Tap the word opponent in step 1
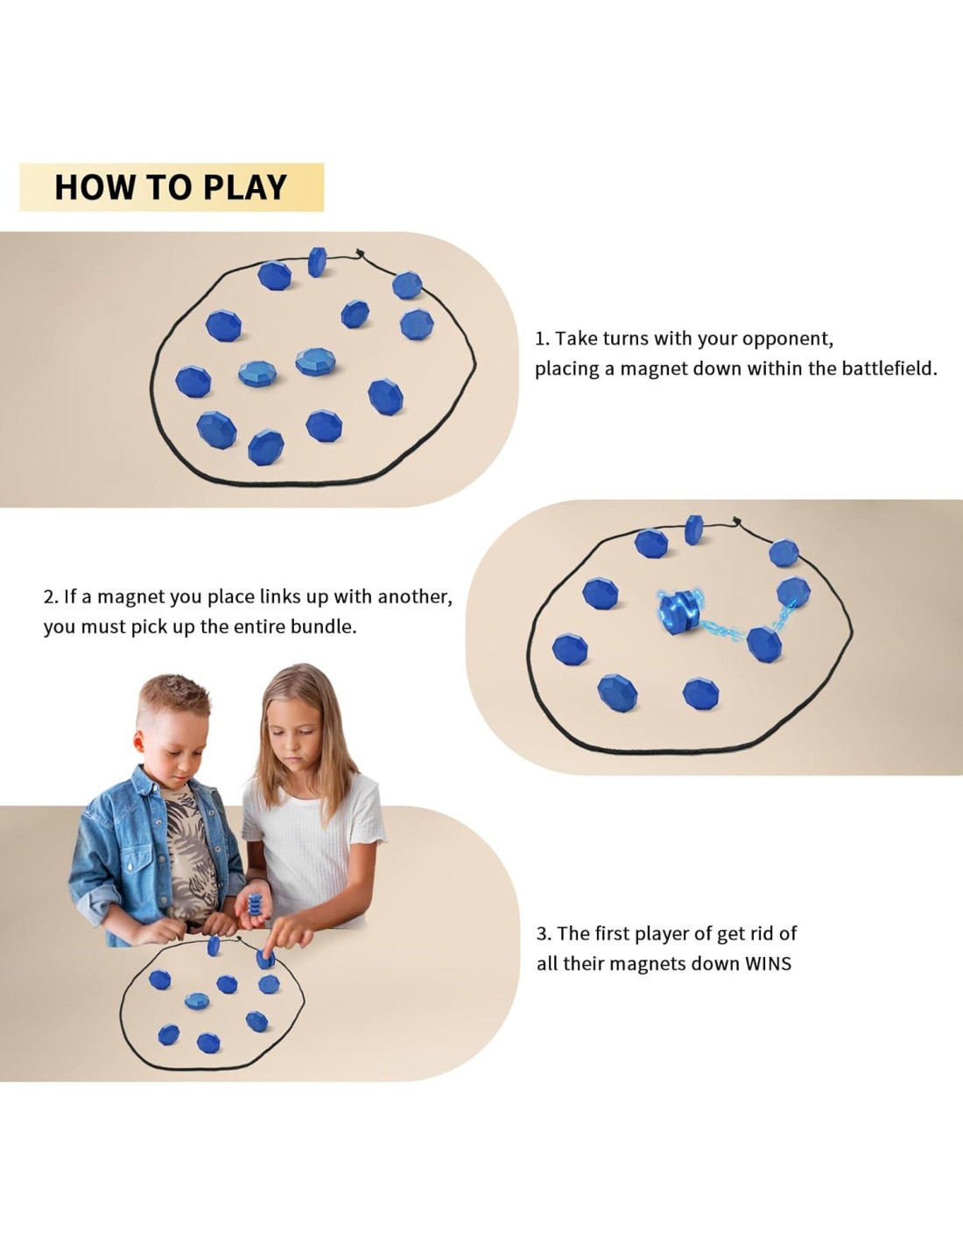(788, 339)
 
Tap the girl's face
(294, 739)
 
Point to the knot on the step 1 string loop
(360, 253)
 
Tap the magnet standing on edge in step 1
(317, 262)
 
